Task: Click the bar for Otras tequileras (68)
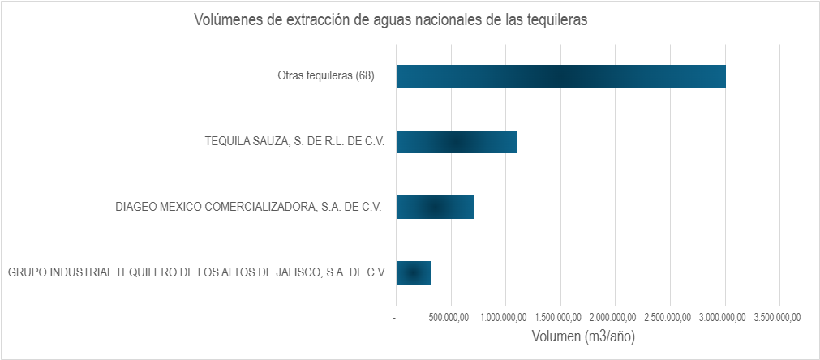(560, 75)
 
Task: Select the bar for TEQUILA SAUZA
(456, 141)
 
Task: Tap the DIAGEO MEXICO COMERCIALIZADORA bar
(435, 207)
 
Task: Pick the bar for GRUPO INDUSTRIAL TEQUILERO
(413, 272)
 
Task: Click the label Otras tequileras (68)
(325, 76)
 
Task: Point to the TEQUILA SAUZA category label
(294, 142)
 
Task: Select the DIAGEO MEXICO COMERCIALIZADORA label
(250, 208)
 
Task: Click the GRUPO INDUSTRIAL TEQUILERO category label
(196, 273)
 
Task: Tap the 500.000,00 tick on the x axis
(452, 317)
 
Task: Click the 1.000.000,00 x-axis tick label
(505, 317)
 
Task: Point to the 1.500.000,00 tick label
(560, 317)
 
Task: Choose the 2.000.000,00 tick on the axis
(615, 317)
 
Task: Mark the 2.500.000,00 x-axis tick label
(670, 317)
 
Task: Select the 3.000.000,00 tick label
(724, 317)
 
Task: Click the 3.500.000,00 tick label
(779, 317)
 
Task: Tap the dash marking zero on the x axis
(394, 317)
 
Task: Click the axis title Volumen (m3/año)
(582, 336)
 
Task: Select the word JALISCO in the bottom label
(294, 273)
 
